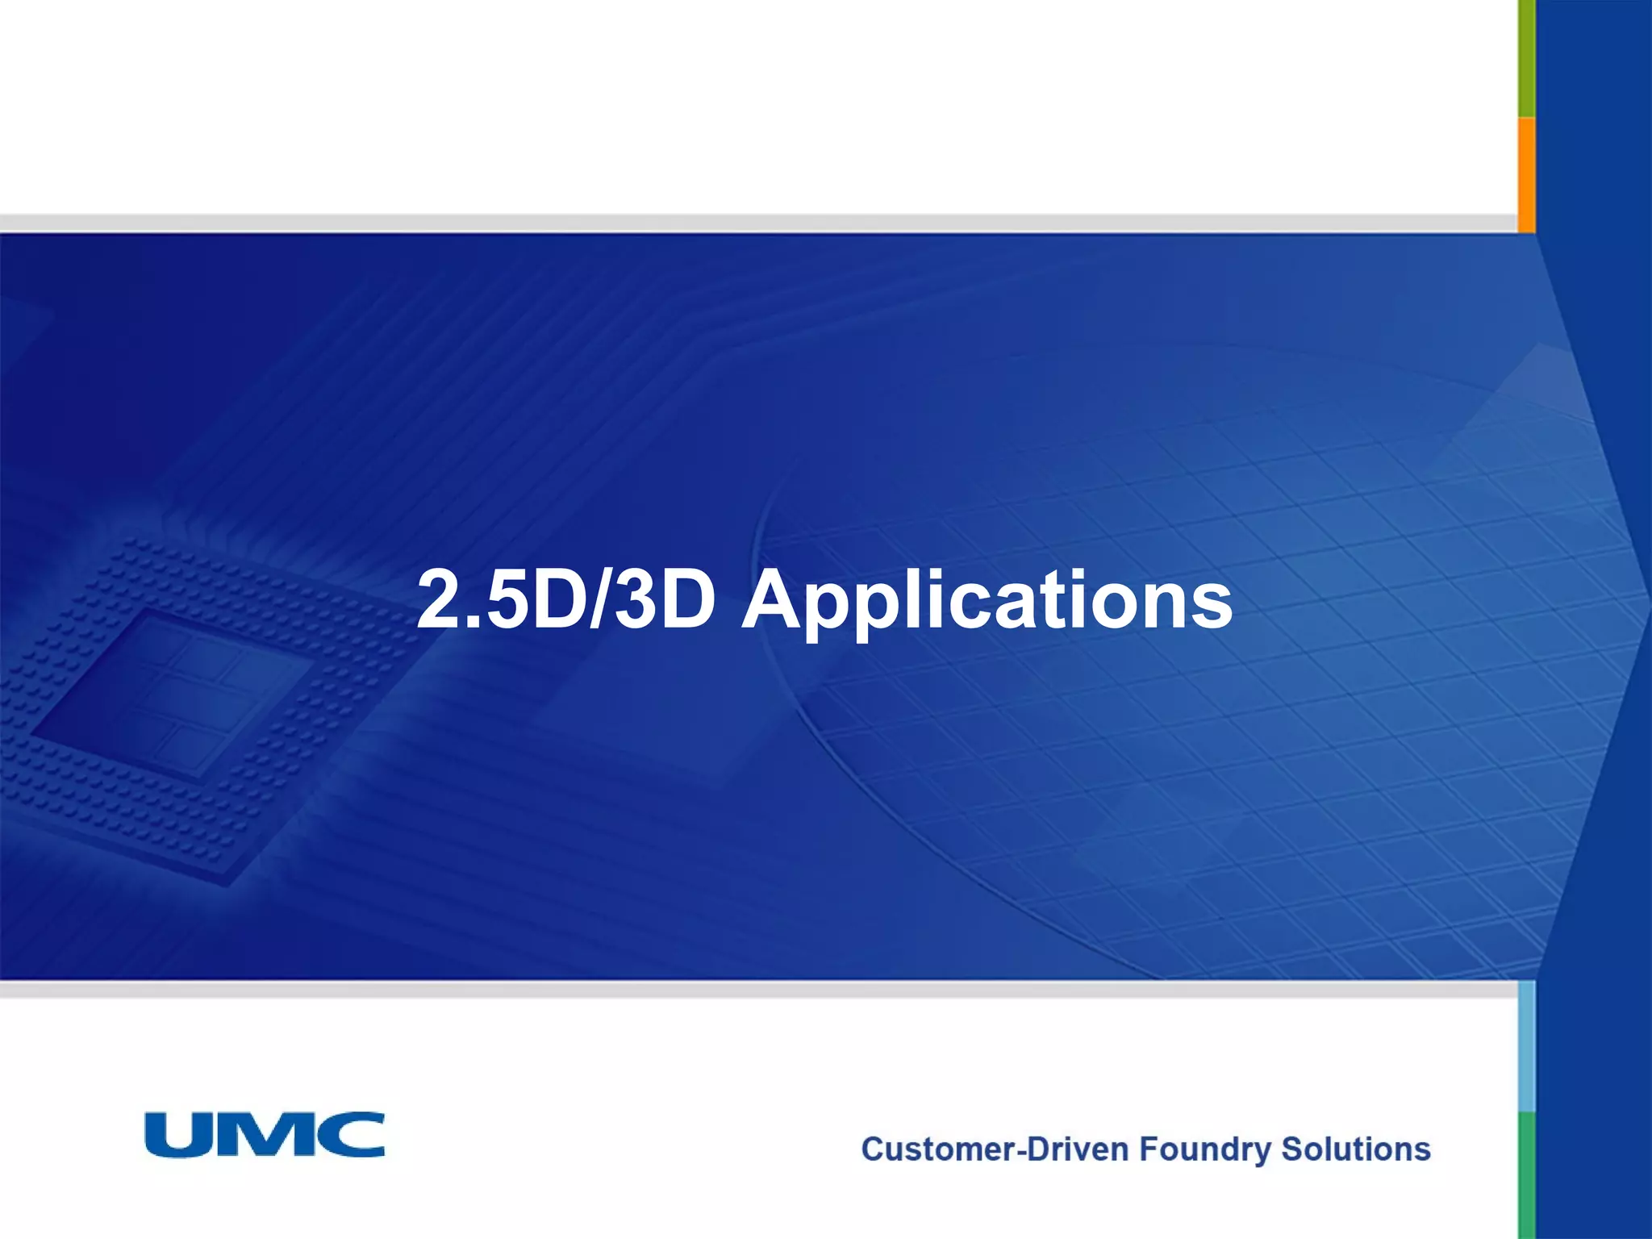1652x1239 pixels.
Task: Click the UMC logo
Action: pyautogui.click(x=265, y=1134)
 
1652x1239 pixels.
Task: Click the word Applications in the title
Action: pyautogui.click(x=987, y=601)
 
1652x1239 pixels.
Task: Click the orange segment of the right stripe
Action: pyautogui.click(x=1526, y=173)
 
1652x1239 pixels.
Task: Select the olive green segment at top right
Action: pyautogui.click(x=1526, y=56)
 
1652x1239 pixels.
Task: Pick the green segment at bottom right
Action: pyautogui.click(x=1526, y=1174)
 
